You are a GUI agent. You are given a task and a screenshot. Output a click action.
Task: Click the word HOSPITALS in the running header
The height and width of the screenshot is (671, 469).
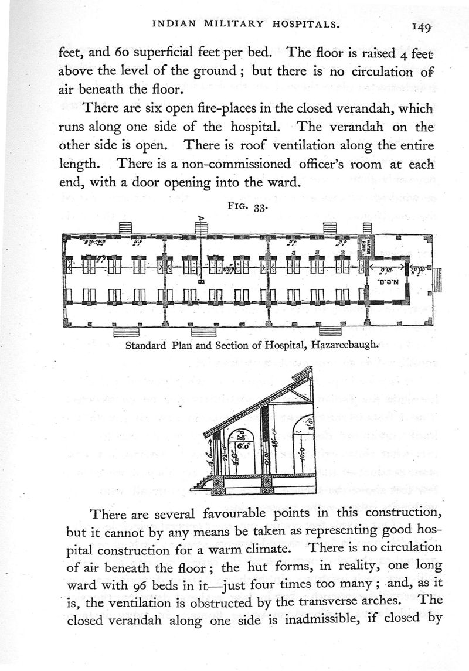(x=309, y=24)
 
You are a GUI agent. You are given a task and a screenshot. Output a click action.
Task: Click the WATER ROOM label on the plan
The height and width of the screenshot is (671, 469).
(x=365, y=247)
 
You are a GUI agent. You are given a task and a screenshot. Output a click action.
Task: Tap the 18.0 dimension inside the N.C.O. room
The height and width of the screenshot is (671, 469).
(x=385, y=271)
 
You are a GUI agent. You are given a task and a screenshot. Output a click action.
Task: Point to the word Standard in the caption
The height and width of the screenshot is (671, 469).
(x=145, y=345)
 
